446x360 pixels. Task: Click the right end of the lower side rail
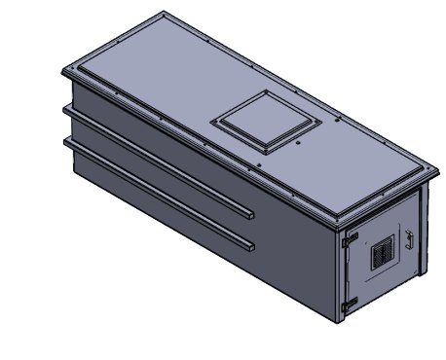(x=251, y=243)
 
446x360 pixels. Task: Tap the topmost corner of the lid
(x=164, y=13)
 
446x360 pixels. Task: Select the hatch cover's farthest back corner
(x=267, y=92)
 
